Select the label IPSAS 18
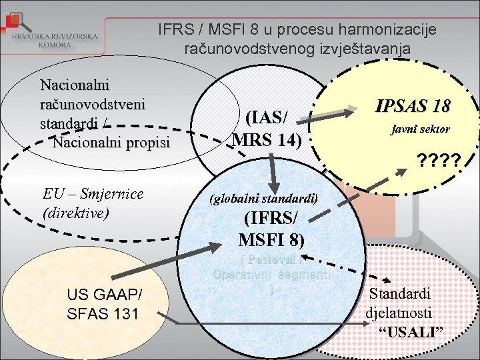pyautogui.click(x=413, y=105)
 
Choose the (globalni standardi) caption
pyautogui.click(x=263, y=199)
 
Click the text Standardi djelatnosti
pyautogui.click(x=400, y=302)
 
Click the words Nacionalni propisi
pyautogui.click(x=111, y=142)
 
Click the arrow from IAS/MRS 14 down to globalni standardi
pyautogui.click(x=273, y=170)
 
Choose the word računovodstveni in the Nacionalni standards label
pyautogui.click(x=93, y=105)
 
